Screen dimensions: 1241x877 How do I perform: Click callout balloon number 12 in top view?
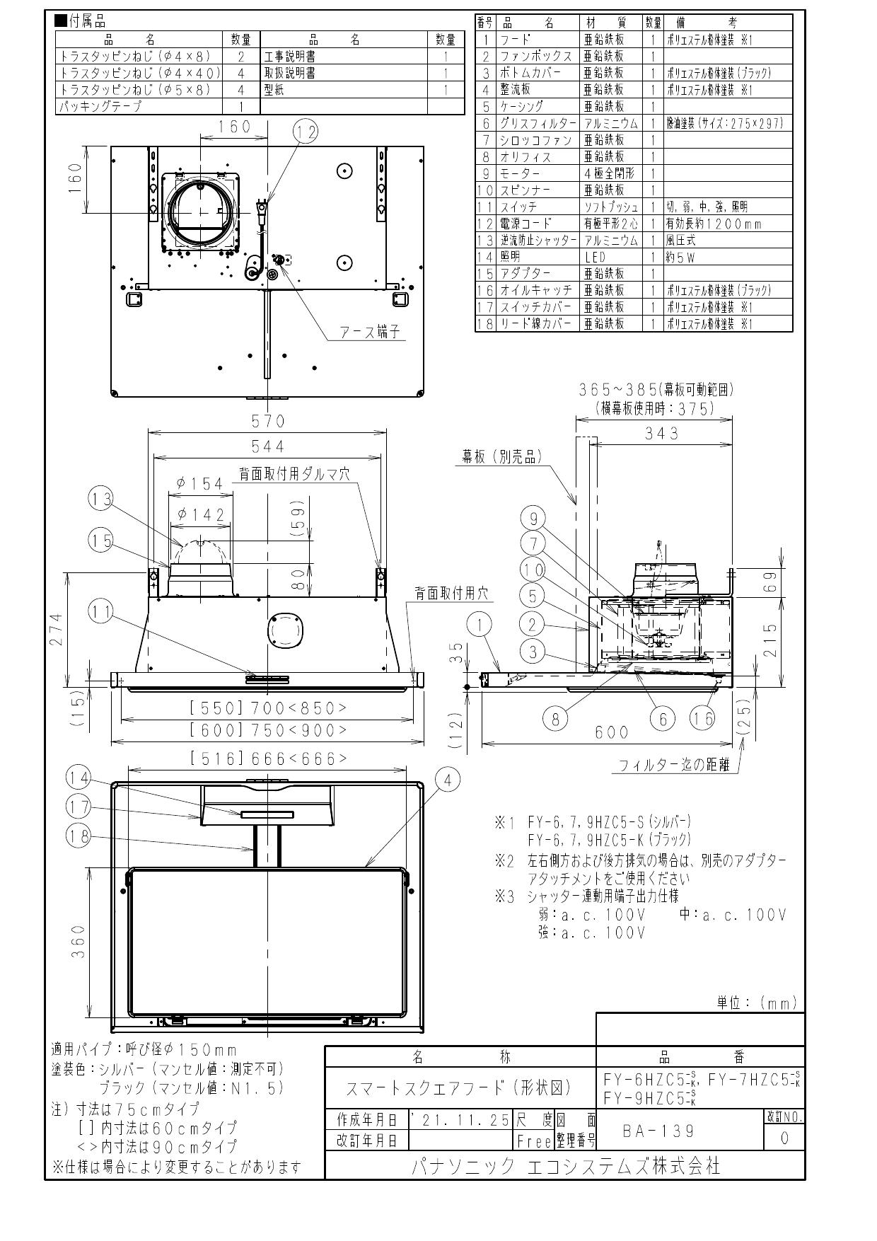[x=306, y=131]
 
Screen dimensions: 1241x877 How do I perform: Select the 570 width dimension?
[x=268, y=422]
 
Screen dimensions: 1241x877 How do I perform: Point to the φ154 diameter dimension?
[x=199, y=483]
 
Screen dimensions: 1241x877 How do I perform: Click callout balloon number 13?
[x=101, y=500]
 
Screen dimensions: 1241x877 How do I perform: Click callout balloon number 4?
[x=447, y=780]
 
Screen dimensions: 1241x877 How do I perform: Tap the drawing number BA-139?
[x=658, y=1131]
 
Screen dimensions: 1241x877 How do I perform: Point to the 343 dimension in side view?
[x=661, y=433]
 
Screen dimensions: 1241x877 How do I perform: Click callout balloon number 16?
[x=702, y=719]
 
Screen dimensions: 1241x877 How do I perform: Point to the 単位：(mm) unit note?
[x=757, y=1002]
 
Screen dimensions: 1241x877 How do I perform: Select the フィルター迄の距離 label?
[x=673, y=766]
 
